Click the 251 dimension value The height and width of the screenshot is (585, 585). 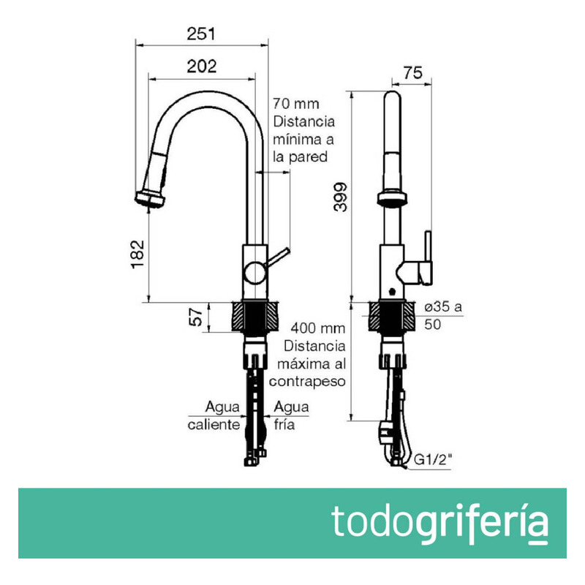(199, 34)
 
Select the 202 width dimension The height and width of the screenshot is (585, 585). (202, 66)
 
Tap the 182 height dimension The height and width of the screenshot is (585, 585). (139, 253)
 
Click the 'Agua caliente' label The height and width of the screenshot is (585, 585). (214, 416)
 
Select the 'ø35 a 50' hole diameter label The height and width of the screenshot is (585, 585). (442, 316)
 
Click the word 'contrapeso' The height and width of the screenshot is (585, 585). (307, 381)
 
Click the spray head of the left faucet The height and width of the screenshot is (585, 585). (151, 198)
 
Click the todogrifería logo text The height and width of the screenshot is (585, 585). (439, 522)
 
